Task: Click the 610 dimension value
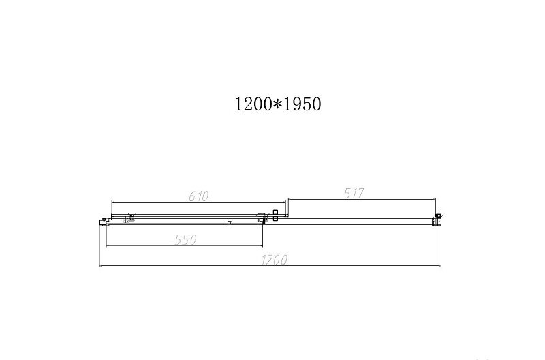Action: pos(199,196)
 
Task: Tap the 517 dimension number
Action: pos(354,194)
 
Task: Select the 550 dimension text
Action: pos(186,239)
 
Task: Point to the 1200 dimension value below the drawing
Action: pos(275,260)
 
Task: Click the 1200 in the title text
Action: pos(253,104)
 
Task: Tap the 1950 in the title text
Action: pos(302,104)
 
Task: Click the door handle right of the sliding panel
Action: pos(276,215)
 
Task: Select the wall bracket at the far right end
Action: pos(437,219)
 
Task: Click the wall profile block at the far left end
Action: pos(103,222)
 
